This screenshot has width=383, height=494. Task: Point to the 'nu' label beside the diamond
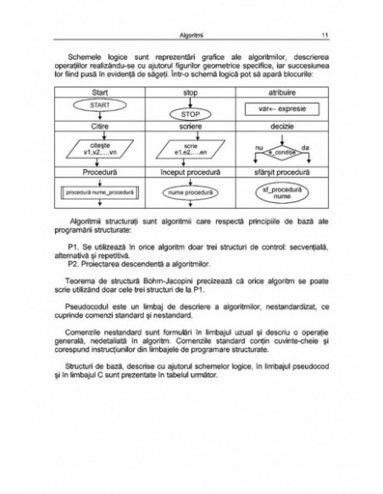[x=258, y=145]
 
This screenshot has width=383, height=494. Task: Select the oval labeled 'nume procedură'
[x=190, y=193]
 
